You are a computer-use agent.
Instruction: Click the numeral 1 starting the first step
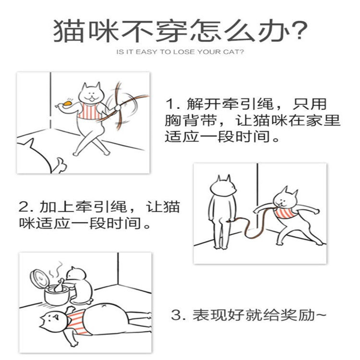170,104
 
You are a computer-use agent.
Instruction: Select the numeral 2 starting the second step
24,206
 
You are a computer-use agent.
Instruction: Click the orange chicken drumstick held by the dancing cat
65,103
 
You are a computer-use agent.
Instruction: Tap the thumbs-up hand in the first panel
60,165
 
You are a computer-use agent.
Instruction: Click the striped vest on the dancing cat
90,111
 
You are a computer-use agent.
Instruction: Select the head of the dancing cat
92,93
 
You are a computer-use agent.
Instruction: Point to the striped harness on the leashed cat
285,213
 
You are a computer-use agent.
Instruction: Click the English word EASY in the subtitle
146,52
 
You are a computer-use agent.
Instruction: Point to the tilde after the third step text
321,314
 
